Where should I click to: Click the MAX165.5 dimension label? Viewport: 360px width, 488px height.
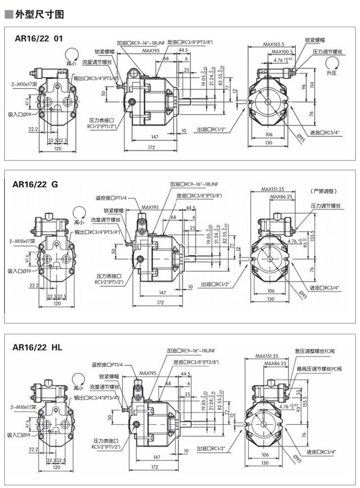point(274,45)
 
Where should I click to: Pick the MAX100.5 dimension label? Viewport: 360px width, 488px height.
point(282,52)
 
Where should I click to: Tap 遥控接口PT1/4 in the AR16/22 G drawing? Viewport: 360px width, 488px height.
point(112,198)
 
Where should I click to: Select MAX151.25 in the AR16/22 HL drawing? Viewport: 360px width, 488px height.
point(266,356)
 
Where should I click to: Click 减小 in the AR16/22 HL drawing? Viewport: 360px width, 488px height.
point(78,387)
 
